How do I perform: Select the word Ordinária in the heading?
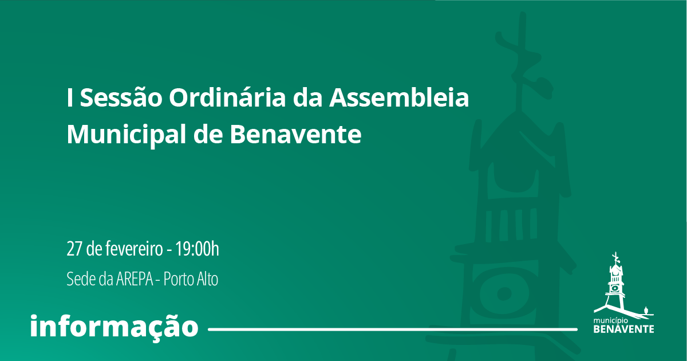click(227, 97)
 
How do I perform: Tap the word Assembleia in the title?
click(398, 97)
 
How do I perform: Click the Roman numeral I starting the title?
click(70, 97)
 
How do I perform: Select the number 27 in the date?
click(74, 249)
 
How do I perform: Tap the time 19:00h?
click(197, 249)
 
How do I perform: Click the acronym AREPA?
click(135, 279)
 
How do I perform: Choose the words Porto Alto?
click(191, 279)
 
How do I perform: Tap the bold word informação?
click(114, 325)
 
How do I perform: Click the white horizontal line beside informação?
click(393, 329)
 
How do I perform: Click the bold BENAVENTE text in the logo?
click(624, 329)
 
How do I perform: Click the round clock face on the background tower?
click(504, 293)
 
